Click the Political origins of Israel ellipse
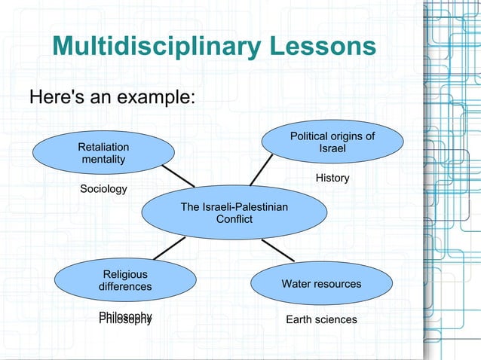point(332,142)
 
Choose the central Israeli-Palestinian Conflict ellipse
point(234,212)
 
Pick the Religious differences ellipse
point(125,281)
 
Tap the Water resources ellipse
point(321,284)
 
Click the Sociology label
point(104,188)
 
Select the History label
point(332,178)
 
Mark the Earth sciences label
point(321,319)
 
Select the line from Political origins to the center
point(262,169)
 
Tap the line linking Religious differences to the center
point(170,248)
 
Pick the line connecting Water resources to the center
point(277,250)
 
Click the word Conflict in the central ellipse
point(234,219)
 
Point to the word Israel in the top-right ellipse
point(332,148)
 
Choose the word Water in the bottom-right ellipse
point(296,284)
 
